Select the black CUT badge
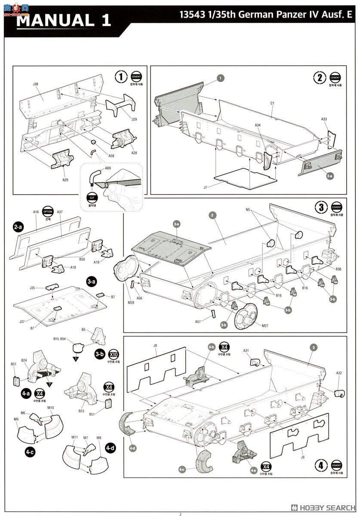point(92,199)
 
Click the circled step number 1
point(121,77)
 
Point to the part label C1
point(272,103)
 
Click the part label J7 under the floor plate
point(205,187)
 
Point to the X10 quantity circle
point(114,355)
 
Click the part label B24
point(24,360)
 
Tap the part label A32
point(339,373)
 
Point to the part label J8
point(155,345)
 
